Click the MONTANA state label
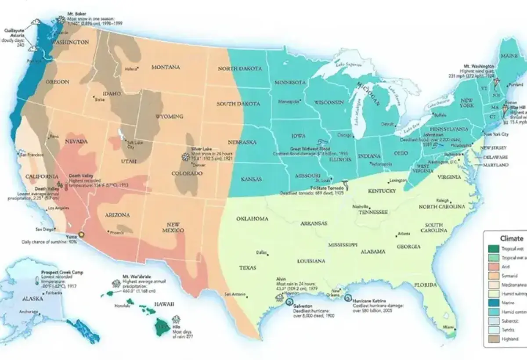(166, 67)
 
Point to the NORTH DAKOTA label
(240, 68)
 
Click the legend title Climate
(512, 238)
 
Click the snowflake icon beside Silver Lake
(186, 156)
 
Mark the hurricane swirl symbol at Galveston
(289, 302)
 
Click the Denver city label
(199, 166)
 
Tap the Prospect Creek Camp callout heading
(62, 272)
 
